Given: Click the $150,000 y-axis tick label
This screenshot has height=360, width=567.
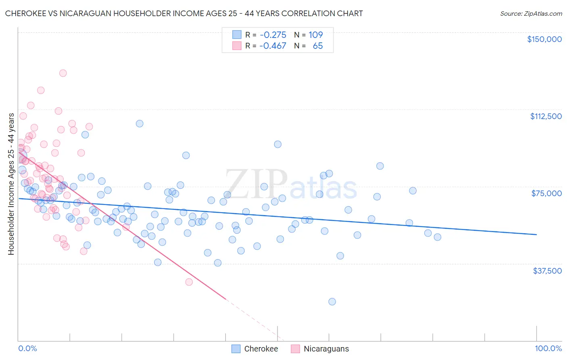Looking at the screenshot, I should [x=544, y=39].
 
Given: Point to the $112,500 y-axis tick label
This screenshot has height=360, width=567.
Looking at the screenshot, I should [x=546, y=116].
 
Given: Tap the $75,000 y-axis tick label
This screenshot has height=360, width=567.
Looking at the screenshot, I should [x=546, y=193].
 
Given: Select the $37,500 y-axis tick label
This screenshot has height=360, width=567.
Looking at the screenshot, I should [x=547, y=271].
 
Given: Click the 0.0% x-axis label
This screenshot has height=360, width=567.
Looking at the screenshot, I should [x=27, y=349].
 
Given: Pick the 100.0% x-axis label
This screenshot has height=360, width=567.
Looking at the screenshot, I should [x=548, y=349].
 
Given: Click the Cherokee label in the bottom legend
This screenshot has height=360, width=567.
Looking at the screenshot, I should [x=261, y=349].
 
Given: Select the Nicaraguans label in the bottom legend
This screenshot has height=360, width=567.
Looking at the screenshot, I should [x=326, y=349].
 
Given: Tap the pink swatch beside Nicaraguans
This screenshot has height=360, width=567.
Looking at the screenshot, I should [x=295, y=349].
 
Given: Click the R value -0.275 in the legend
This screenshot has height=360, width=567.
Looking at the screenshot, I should [x=273, y=35].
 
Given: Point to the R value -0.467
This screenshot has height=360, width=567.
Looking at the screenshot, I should [x=273, y=46].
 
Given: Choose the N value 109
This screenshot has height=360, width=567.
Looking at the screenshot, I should [x=316, y=35].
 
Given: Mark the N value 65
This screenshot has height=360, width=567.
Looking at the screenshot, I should [x=318, y=46].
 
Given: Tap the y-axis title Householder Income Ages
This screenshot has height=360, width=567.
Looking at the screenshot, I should [x=11, y=184].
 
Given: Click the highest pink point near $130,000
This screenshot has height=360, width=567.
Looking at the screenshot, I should [x=63, y=73].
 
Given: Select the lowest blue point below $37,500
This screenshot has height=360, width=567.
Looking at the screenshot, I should [x=332, y=301].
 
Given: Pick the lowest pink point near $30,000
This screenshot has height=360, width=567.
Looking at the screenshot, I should [x=189, y=282].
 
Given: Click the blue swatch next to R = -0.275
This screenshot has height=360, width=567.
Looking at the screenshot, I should [x=236, y=35].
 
